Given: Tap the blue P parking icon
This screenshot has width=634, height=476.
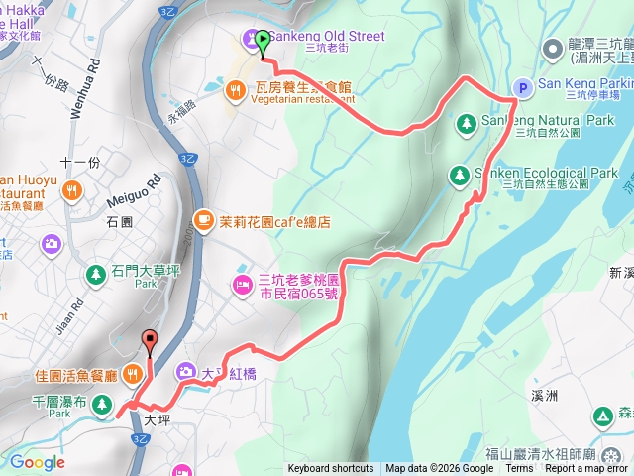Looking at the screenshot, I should pos(522,85).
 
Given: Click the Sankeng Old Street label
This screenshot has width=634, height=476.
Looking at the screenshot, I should pos(327,37).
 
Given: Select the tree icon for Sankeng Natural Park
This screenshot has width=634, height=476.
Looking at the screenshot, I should pos(466,123).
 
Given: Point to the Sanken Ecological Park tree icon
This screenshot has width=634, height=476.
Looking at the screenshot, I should pos(459,175).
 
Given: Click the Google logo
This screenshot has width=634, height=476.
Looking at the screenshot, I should pos(37,462).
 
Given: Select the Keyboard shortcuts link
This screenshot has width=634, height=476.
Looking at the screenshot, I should pos(330,469).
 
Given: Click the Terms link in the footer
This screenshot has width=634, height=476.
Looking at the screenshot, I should pos(519,469).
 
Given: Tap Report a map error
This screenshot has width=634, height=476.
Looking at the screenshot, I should pos(585,469).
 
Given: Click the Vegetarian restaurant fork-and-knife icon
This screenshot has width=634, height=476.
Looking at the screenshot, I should pos(234,91).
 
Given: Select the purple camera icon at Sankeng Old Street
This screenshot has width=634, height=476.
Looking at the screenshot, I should pos(248,39).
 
